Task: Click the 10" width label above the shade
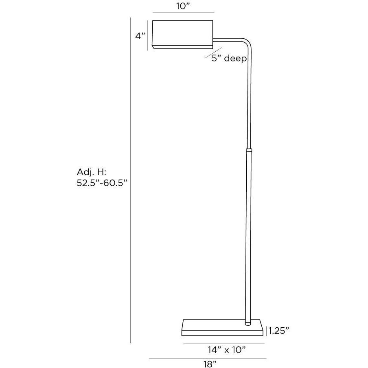pyautogui.click(x=183, y=7)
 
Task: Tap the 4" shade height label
pyautogui.click(x=140, y=36)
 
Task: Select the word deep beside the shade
pyautogui.click(x=235, y=59)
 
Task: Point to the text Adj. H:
pyautogui.click(x=92, y=172)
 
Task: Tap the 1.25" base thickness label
pyautogui.click(x=278, y=331)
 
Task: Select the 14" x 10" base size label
pyautogui.click(x=226, y=350)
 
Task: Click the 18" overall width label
pyautogui.click(x=210, y=364)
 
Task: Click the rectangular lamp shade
pyautogui.click(x=183, y=35)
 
